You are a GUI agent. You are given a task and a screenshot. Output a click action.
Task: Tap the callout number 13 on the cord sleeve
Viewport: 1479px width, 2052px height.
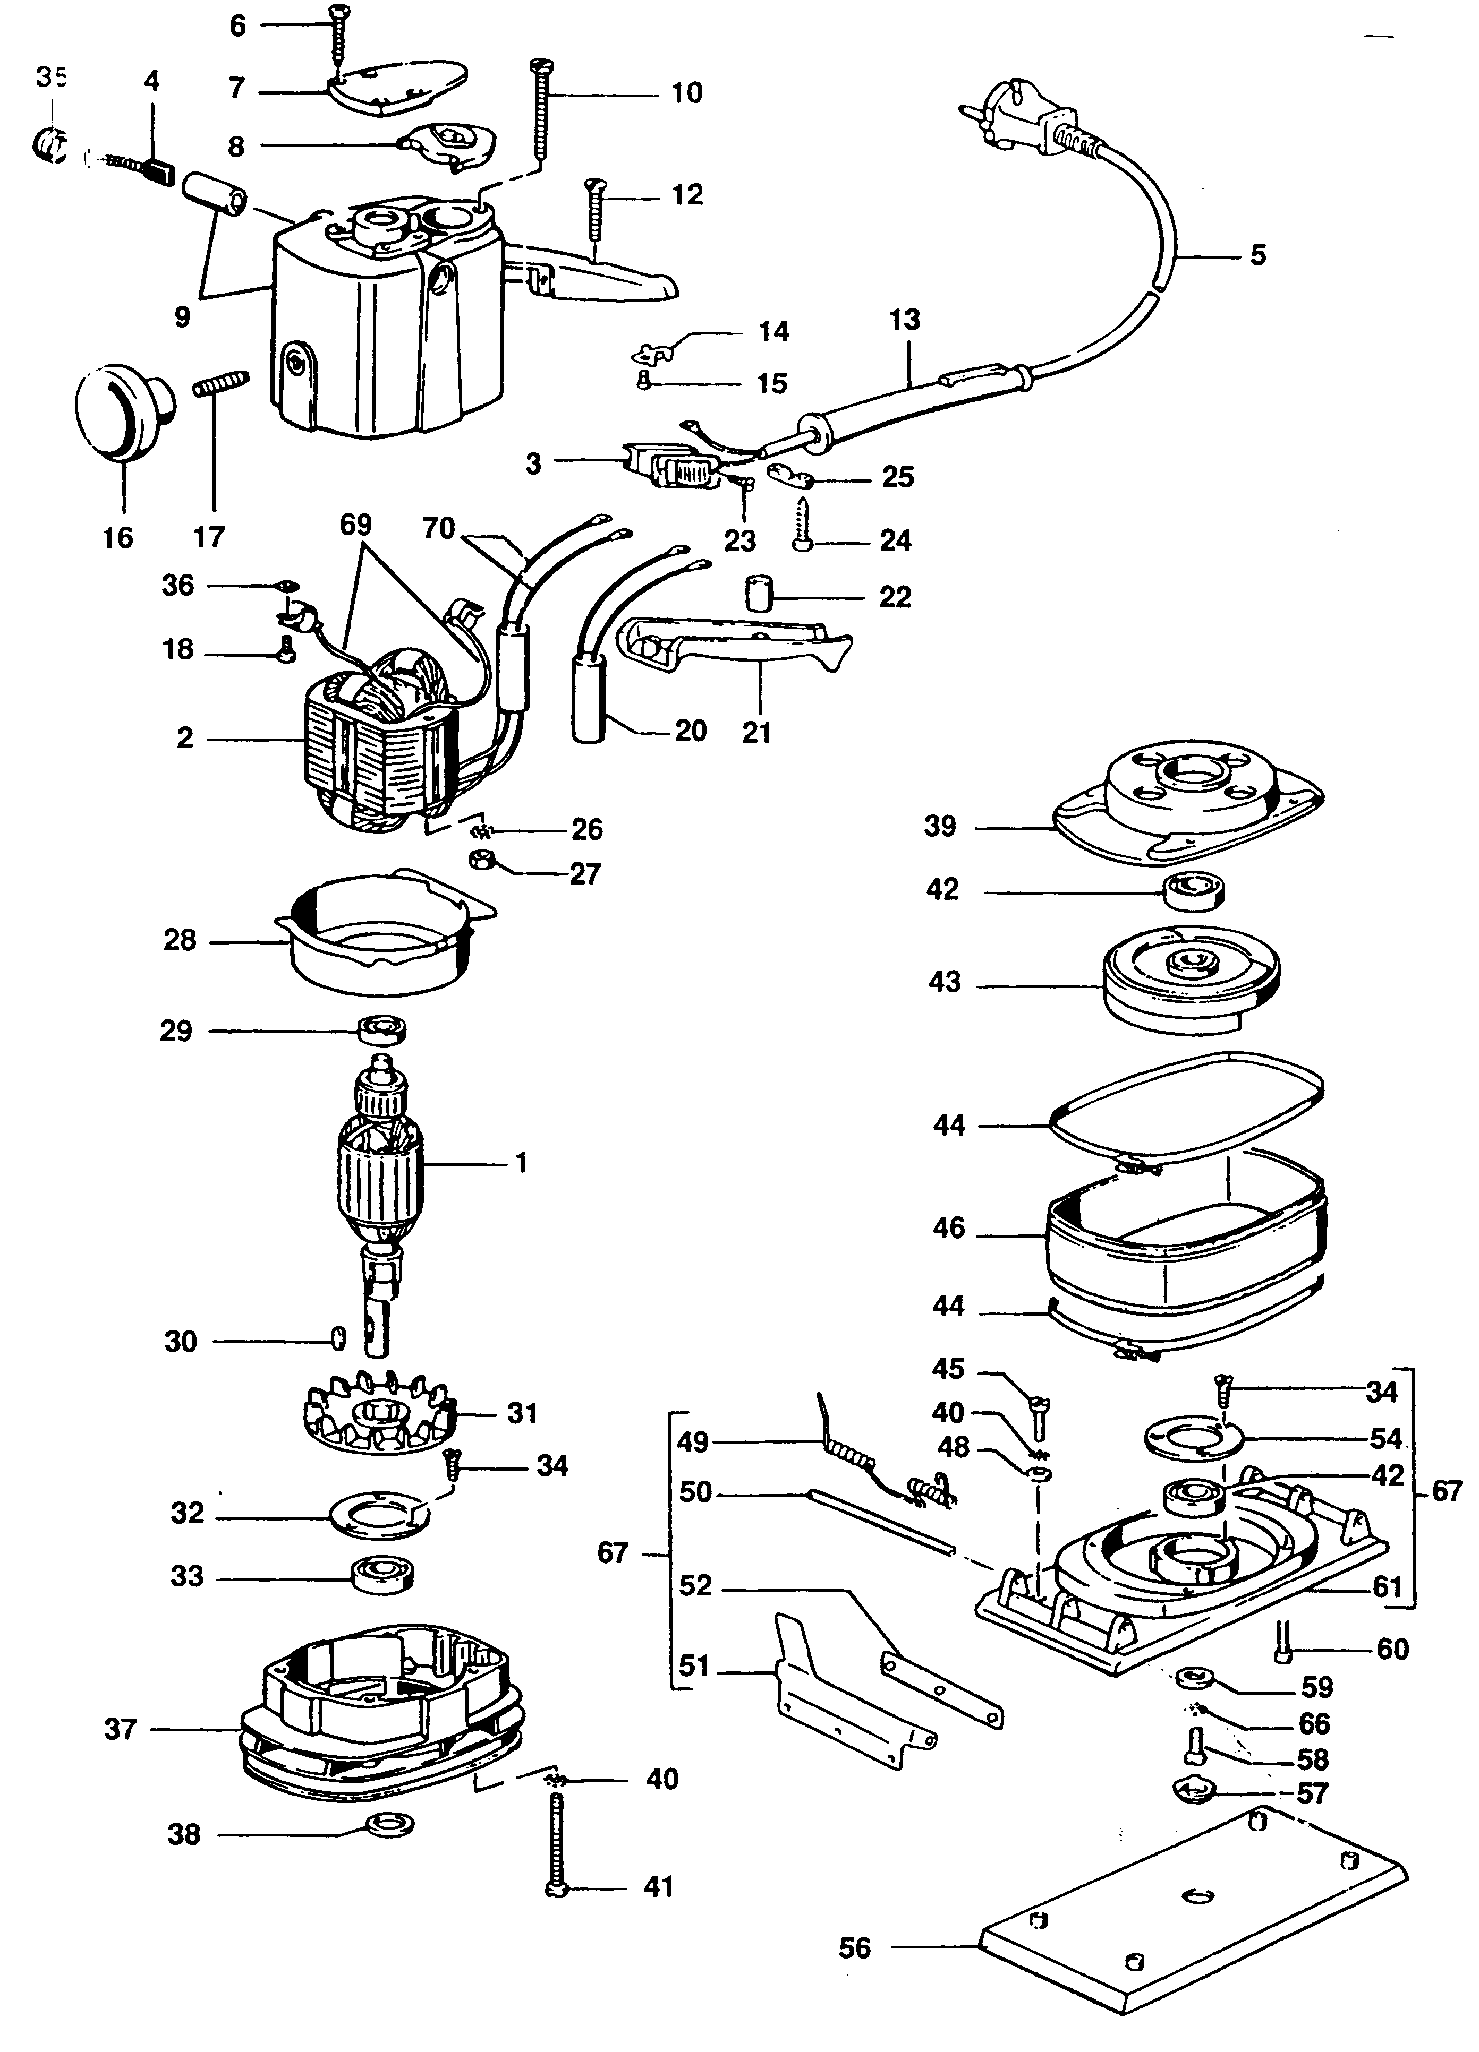904,320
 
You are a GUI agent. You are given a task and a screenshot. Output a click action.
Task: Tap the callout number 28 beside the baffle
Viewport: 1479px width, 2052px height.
179,940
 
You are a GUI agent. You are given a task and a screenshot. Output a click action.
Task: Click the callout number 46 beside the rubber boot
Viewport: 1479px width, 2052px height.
949,1228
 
